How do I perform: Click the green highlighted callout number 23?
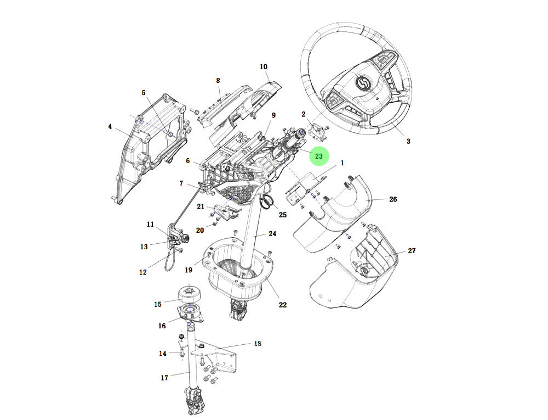click(319, 156)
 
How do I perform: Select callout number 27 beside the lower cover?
click(412, 250)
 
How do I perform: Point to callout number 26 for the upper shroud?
click(393, 199)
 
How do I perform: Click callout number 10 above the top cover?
click(264, 67)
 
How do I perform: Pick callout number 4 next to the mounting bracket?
click(110, 127)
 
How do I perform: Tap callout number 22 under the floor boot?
click(283, 305)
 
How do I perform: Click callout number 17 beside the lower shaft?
click(164, 377)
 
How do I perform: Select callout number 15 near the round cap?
click(158, 304)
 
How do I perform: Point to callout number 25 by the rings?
click(283, 215)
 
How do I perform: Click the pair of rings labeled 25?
click(267, 203)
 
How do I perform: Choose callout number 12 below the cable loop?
click(143, 272)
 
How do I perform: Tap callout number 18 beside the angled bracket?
click(258, 344)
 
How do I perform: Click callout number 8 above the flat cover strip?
click(218, 81)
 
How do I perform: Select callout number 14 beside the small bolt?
click(163, 353)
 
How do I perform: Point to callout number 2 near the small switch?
click(304, 114)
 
